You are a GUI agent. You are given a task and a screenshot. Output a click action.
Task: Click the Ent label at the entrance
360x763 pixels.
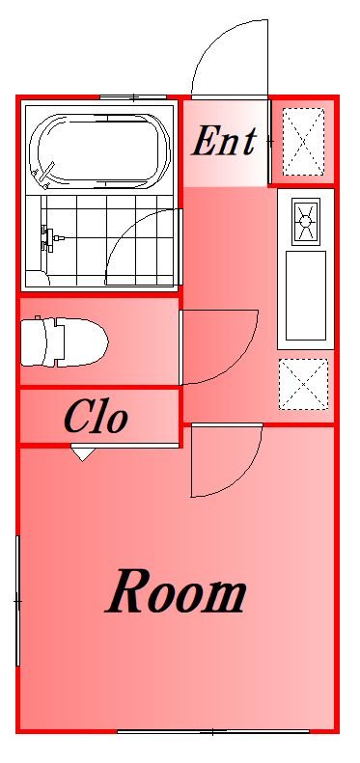coord(224,142)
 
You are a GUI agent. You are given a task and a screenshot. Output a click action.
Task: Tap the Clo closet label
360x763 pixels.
coord(96,418)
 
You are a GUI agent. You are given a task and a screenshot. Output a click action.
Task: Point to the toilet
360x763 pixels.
coord(65,342)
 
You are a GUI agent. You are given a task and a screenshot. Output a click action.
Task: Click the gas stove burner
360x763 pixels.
coord(305,222)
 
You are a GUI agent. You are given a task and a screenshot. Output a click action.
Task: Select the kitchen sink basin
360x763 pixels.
coord(305,296)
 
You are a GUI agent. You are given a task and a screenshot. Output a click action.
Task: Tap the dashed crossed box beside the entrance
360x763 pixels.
coord(303,142)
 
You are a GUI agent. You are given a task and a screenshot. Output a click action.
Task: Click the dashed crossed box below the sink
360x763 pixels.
coord(303,385)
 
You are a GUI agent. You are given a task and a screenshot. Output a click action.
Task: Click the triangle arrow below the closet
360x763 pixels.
coord(83,454)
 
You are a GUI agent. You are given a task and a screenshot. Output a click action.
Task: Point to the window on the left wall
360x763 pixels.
coord(17,601)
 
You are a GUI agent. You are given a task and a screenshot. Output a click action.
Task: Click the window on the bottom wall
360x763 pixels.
coord(213,731)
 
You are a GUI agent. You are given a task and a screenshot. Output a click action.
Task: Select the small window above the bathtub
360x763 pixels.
coord(133,97)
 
